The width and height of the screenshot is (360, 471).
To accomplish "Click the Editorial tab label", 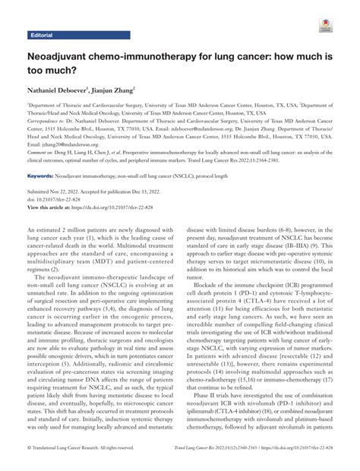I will [x=40, y=36].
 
